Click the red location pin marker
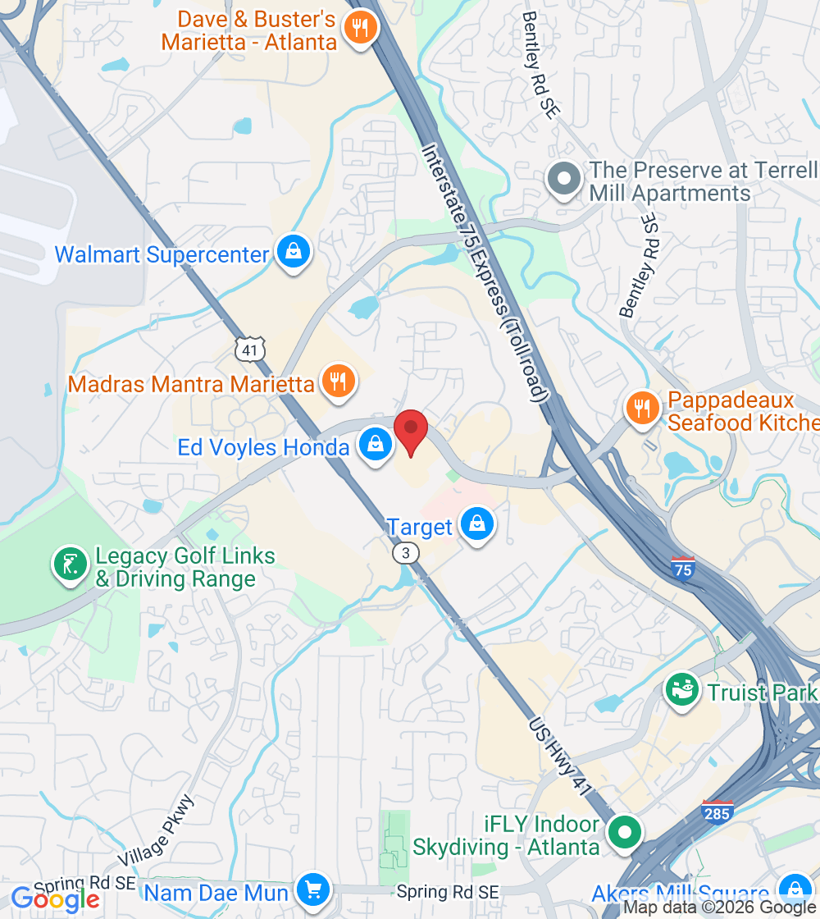pyautogui.click(x=411, y=429)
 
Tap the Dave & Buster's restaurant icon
pyautogui.click(x=359, y=28)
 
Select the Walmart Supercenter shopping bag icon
pyautogui.click(x=293, y=253)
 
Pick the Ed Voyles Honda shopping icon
pyautogui.click(x=375, y=446)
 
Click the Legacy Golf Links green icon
pyautogui.click(x=70, y=565)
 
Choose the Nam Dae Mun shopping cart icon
pyautogui.click(x=312, y=889)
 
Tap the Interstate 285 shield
pyautogui.click(x=718, y=811)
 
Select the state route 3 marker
pyautogui.click(x=404, y=553)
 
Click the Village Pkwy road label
pyautogui.click(x=156, y=830)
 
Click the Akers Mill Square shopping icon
pyautogui.click(x=794, y=889)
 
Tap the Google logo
pyautogui.click(x=56, y=899)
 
